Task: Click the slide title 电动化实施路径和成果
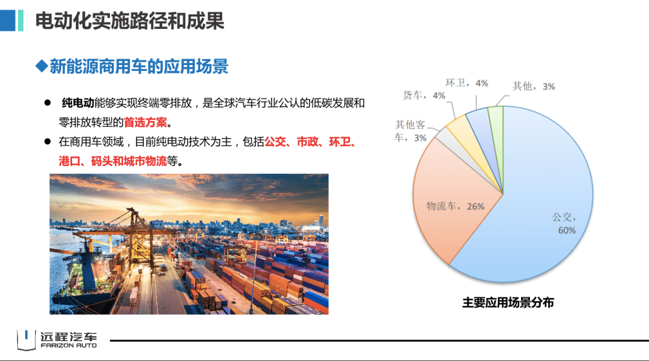[x=129, y=21]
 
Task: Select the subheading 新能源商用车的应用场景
[x=139, y=66]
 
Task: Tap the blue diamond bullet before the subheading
[x=41, y=66]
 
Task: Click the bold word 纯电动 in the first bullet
[x=78, y=103]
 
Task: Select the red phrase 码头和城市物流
[x=128, y=162]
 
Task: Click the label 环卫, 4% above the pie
[x=466, y=83]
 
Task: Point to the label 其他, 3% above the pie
[x=533, y=86]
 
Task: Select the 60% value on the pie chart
[x=566, y=230]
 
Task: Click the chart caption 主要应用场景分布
[x=508, y=303]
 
